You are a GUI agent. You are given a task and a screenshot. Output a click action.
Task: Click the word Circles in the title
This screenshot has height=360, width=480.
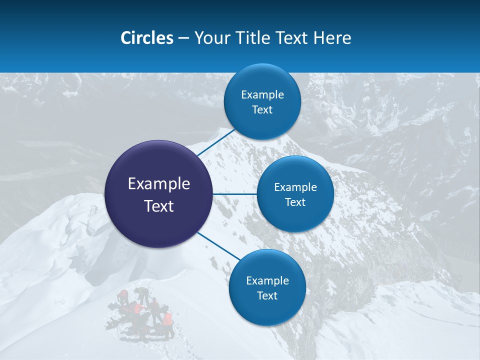tap(146, 38)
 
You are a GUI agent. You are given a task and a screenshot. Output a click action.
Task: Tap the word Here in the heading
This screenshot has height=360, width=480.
tap(332, 38)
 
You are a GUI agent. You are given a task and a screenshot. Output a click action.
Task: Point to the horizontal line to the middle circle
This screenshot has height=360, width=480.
tap(234, 194)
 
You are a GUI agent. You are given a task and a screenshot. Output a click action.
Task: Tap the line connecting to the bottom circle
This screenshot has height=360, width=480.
tap(218, 246)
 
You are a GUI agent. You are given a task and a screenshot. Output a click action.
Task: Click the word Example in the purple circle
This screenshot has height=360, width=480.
tap(158, 184)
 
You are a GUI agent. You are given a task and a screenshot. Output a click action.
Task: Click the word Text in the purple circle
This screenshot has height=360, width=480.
tap(158, 206)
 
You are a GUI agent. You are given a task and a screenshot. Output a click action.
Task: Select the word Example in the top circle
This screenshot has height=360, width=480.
tap(262, 95)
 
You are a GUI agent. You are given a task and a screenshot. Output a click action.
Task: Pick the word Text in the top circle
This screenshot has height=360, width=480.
tap(262, 110)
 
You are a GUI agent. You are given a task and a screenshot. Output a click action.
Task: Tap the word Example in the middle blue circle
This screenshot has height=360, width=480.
tap(295, 187)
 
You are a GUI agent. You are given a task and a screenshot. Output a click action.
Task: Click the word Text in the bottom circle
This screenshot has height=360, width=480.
tap(267, 296)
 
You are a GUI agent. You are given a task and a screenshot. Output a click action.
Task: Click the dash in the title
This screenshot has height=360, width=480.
tap(183, 38)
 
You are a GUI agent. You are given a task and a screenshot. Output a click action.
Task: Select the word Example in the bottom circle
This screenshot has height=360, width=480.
tap(267, 281)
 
